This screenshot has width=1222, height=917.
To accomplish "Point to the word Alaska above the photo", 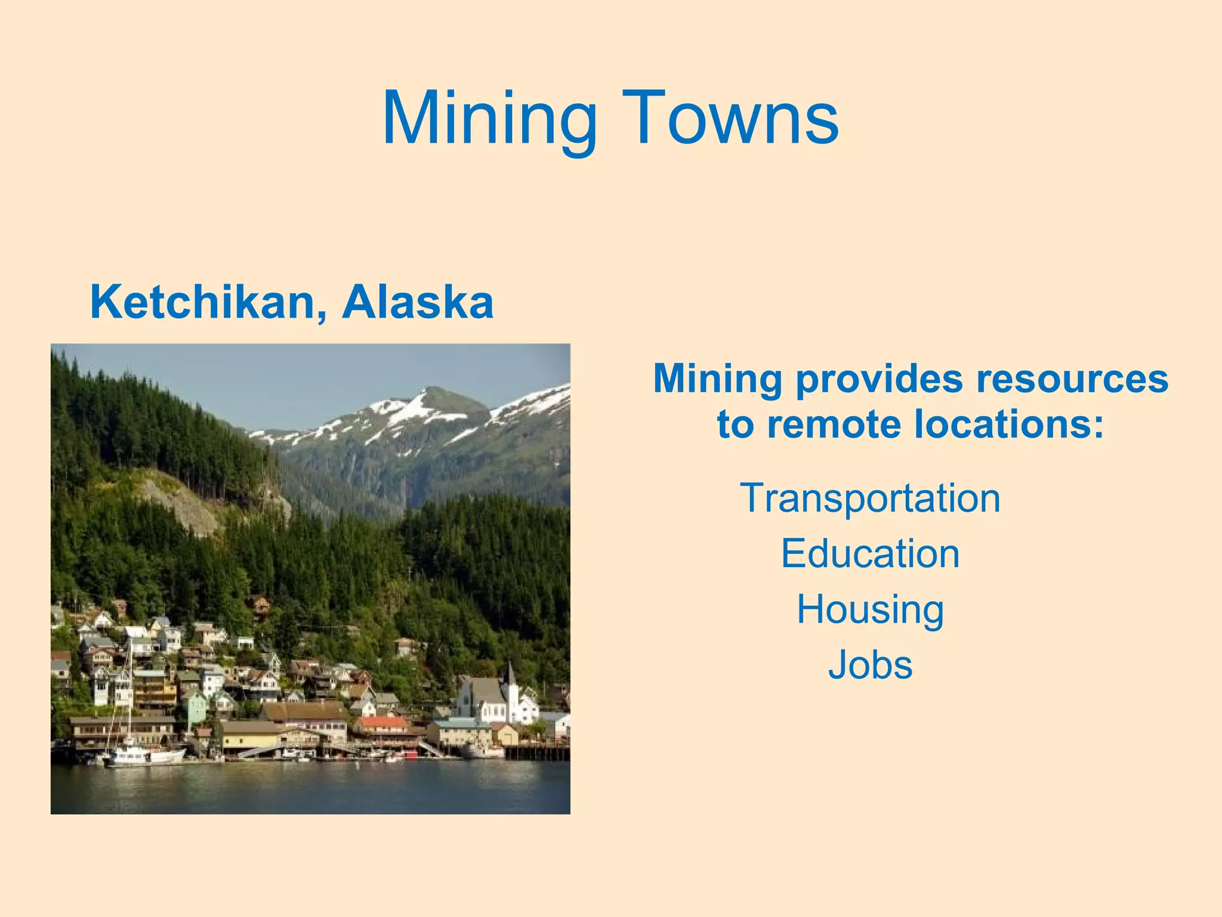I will pos(418,302).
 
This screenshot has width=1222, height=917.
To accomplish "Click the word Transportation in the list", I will pos(870,498).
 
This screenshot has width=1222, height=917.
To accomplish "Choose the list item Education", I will pos(870,553).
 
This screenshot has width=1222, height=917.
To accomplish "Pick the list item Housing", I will pos(870,609).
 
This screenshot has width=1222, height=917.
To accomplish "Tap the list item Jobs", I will pos(870,664).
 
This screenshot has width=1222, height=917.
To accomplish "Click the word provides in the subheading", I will pos(880,380).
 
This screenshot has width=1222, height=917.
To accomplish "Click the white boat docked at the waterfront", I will pos(146,756).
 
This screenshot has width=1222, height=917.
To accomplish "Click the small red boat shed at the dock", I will pos(411,755).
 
